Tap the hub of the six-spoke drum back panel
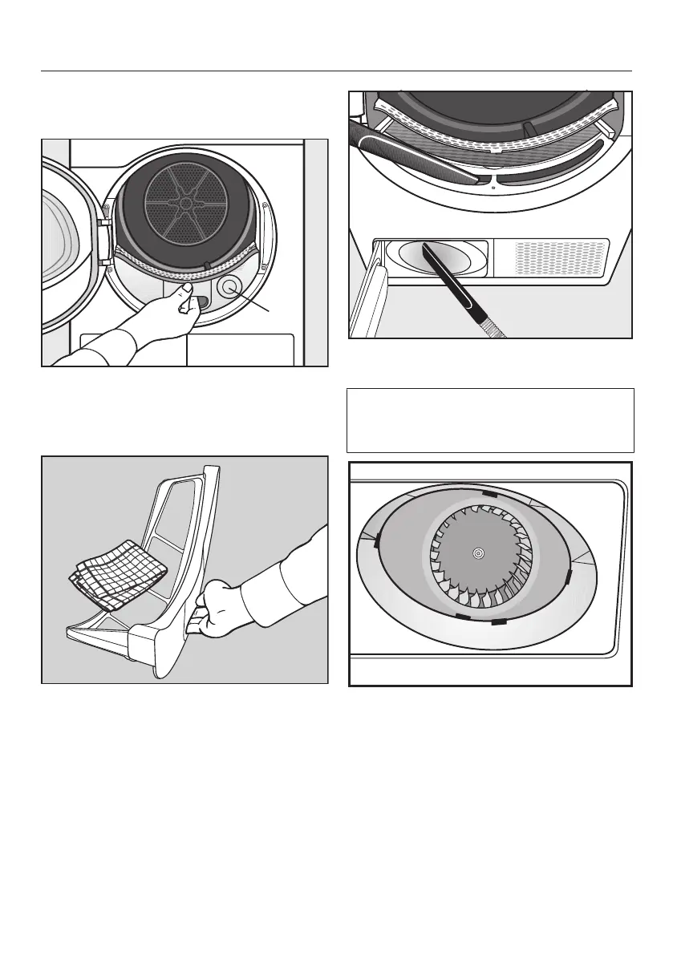(185, 204)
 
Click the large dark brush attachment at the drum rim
(417, 157)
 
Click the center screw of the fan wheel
(478, 553)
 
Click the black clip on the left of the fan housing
(376, 544)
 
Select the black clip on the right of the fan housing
(569, 576)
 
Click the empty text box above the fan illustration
(490, 421)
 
